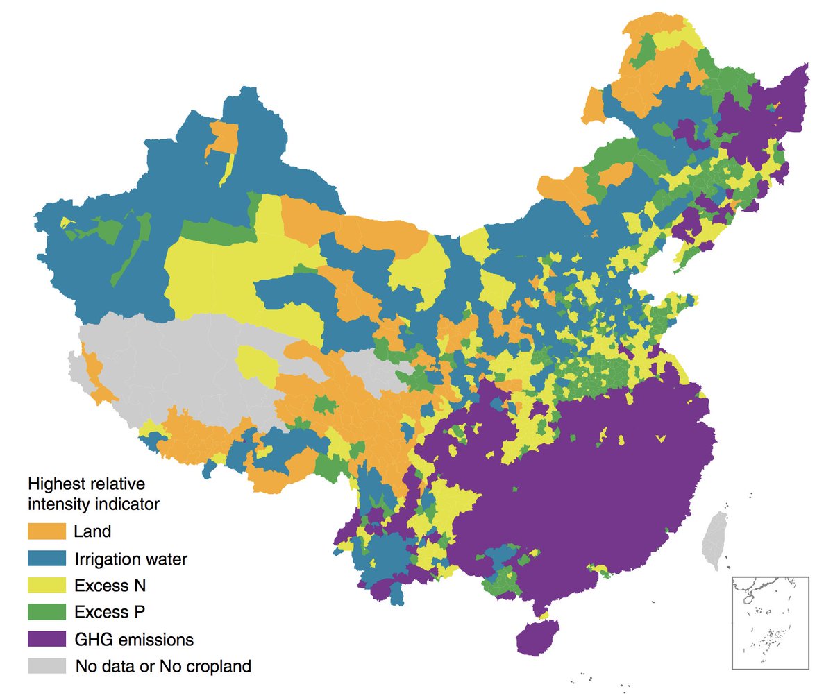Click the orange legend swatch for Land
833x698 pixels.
click(46, 531)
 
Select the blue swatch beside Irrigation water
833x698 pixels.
click(46, 558)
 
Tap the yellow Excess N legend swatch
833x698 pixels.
click(46, 585)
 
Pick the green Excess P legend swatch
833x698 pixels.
click(46, 612)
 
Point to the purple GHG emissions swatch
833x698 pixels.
click(46, 639)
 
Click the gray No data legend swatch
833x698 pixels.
click(46, 666)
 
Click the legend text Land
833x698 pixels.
click(92, 531)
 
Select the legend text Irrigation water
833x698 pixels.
click(130, 558)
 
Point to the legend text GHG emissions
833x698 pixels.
click(133, 639)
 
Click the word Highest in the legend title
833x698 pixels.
click(53, 482)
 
